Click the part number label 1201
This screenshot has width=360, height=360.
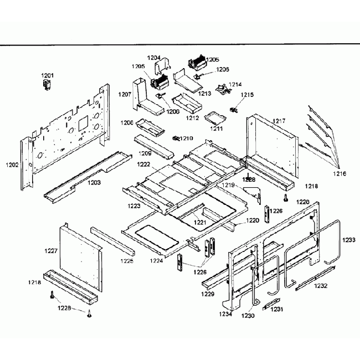coord(48,75)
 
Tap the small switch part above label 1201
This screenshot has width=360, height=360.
coord(47,84)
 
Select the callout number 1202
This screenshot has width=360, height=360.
coord(12,164)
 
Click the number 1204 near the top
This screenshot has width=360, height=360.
coord(154,57)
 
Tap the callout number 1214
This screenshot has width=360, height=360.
coord(235,85)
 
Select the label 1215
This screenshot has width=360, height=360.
coord(247,95)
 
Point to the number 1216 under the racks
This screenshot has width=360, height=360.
coord(340,173)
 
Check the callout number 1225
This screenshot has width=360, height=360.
coord(127,260)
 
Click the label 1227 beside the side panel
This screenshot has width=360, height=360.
coord(51,251)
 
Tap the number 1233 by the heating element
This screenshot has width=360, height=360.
coord(349,240)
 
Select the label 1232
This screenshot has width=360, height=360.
coord(321,286)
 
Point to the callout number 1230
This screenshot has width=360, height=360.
coord(248,316)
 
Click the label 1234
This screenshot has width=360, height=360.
coord(225,314)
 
